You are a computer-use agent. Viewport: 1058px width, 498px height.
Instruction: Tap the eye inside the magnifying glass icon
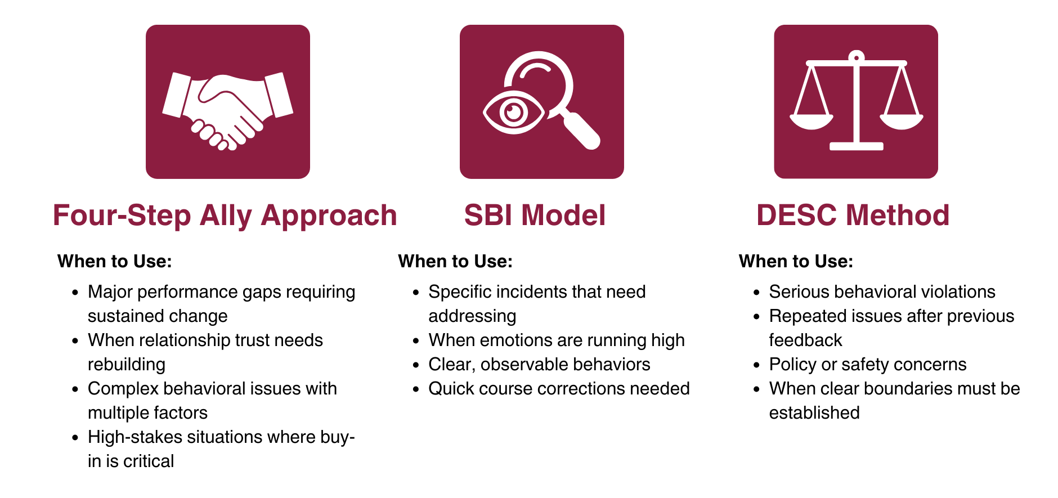click(513, 113)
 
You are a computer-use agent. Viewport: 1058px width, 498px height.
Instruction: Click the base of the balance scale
click(856, 146)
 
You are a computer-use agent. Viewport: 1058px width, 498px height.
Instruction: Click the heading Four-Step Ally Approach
click(225, 216)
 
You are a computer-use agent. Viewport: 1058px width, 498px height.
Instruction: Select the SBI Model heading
click(535, 216)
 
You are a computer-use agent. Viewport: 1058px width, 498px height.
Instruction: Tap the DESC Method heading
click(853, 216)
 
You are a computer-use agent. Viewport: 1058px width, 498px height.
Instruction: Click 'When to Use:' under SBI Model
click(455, 261)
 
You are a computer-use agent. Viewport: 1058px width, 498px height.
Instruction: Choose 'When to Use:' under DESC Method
click(796, 261)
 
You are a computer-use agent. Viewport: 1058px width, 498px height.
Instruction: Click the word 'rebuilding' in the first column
click(127, 365)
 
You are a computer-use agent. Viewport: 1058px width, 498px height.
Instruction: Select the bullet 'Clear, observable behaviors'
click(539, 365)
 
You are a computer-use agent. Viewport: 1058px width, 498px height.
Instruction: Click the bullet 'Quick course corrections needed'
click(559, 389)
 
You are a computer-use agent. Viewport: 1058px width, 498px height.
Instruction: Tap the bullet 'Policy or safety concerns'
click(867, 365)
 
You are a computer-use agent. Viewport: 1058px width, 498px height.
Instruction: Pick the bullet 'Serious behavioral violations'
click(882, 292)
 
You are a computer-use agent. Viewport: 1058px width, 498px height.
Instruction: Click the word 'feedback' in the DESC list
click(805, 340)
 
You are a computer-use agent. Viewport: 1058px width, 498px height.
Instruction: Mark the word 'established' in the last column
click(814, 413)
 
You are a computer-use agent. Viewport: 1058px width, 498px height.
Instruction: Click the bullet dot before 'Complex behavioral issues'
click(75, 389)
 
